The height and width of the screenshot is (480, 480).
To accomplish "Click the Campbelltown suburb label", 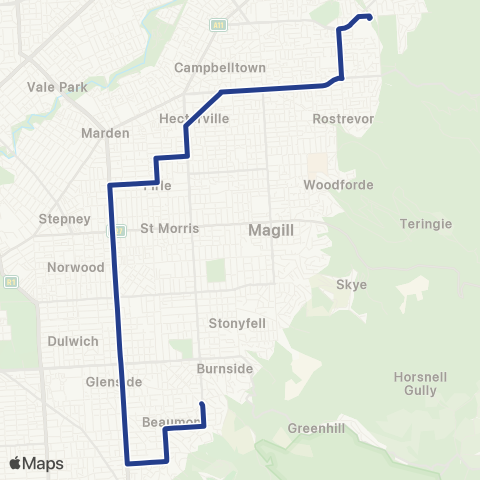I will (220, 68).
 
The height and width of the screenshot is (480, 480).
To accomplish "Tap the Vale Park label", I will (58, 87).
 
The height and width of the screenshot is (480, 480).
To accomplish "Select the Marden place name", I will (106, 133).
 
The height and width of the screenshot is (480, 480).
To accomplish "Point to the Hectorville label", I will (194, 118).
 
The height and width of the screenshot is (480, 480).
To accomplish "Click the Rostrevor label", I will (343, 118).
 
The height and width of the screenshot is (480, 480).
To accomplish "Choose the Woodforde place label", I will (338, 185).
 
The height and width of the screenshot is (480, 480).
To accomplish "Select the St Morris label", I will (169, 228).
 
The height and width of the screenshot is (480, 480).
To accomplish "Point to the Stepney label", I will (64, 219).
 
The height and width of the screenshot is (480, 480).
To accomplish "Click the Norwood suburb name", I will (76, 267).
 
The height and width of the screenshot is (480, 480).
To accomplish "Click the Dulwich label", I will (73, 341).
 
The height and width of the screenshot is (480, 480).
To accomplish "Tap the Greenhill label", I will (316, 428).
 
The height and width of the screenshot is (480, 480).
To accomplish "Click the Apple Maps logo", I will (36, 463).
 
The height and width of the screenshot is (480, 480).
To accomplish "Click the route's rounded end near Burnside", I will (202, 404).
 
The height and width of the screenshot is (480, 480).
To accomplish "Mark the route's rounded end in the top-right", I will (369, 17).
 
